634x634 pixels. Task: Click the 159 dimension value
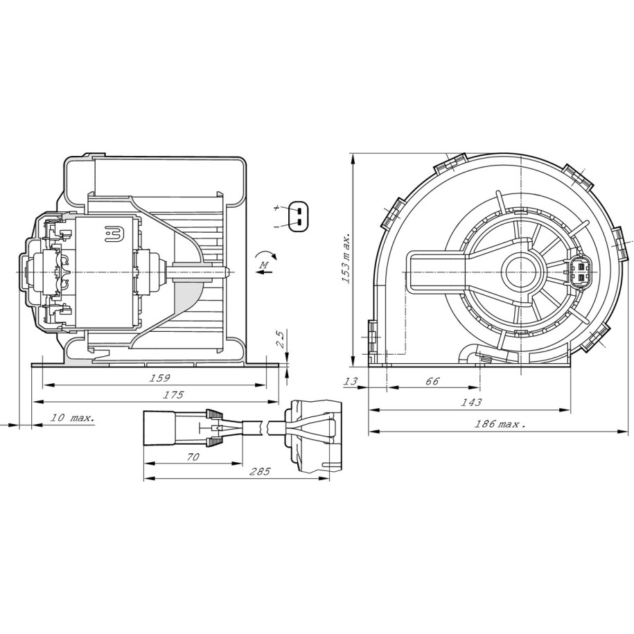pyautogui.click(x=160, y=378)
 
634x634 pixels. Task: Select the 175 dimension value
pyautogui.click(x=173, y=395)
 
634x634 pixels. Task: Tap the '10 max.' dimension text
pyautogui.click(x=72, y=417)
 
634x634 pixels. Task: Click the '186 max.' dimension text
pyautogui.click(x=500, y=424)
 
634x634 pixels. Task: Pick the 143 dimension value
pyautogui.click(x=471, y=403)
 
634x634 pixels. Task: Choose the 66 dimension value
pyautogui.click(x=432, y=381)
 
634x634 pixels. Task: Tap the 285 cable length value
pyautogui.click(x=260, y=471)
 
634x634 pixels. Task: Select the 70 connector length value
pyautogui.click(x=193, y=457)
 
